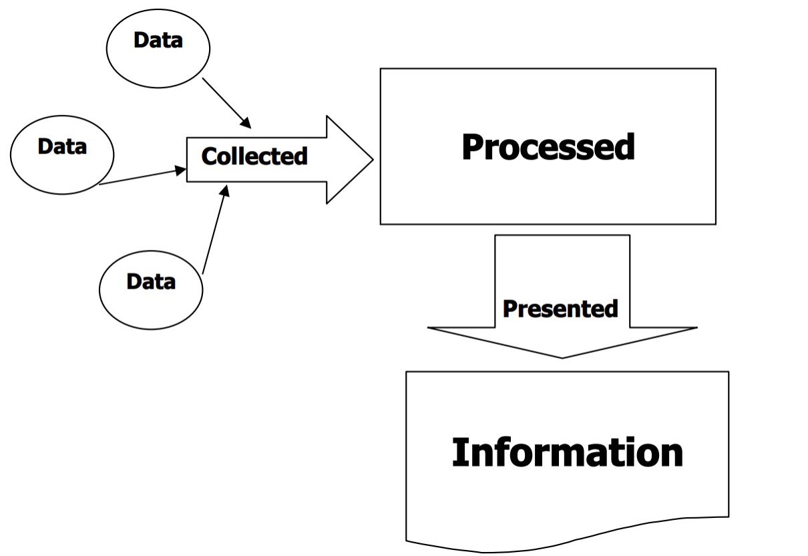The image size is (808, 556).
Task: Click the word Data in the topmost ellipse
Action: click(x=158, y=40)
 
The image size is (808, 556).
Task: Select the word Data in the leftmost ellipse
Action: click(x=62, y=146)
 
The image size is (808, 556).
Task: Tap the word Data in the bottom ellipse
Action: click(x=151, y=281)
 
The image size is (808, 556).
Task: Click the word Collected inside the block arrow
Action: click(x=254, y=156)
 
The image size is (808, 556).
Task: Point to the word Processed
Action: click(x=548, y=147)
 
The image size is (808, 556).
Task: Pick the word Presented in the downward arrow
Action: click(x=560, y=309)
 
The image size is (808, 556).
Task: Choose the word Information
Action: click(x=567, y=452)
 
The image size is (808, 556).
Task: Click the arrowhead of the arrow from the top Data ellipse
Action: click(x=246, y=124)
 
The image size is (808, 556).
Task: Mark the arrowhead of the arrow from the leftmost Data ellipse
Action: click(x=181, y=170)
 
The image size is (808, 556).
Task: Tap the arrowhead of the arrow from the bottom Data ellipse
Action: click(x=225, y=192)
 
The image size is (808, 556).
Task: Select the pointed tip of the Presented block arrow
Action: click(x=562, y=356)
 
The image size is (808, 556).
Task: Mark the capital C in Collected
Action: click(x=209, y=157)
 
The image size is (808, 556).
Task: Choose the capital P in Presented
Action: click(x=508, y=309)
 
